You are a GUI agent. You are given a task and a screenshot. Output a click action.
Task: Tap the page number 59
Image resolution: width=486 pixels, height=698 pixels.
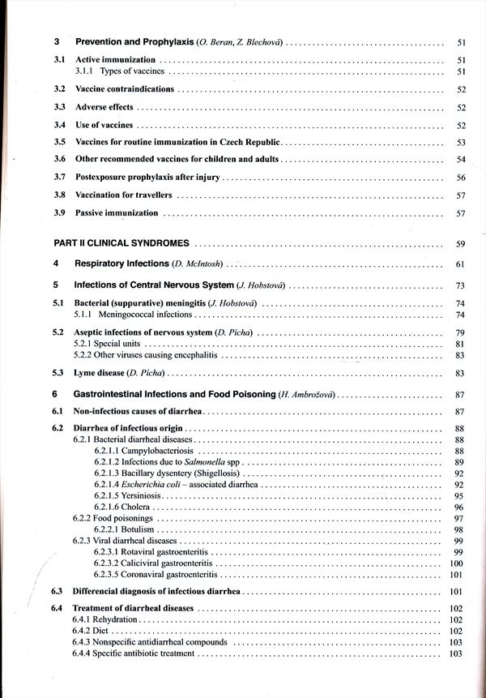click(460, 243)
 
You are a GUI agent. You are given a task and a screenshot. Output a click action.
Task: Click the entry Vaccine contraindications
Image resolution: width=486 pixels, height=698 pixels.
click(125, 89)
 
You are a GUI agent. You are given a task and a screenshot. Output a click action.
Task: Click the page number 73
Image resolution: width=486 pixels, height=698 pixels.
click(460, 285)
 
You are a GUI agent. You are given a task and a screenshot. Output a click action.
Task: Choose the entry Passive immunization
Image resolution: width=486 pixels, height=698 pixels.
click(117, 213)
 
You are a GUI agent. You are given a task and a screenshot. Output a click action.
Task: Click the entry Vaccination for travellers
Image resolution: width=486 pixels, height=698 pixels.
click(122, 195)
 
